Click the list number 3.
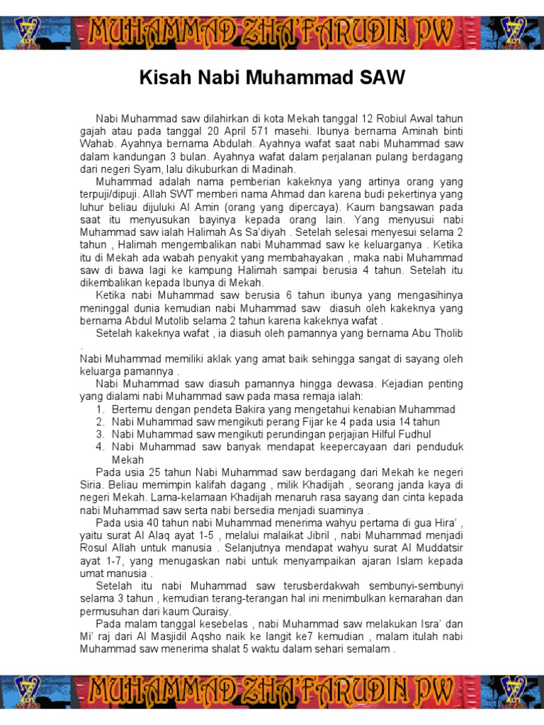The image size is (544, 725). point(101,434)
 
